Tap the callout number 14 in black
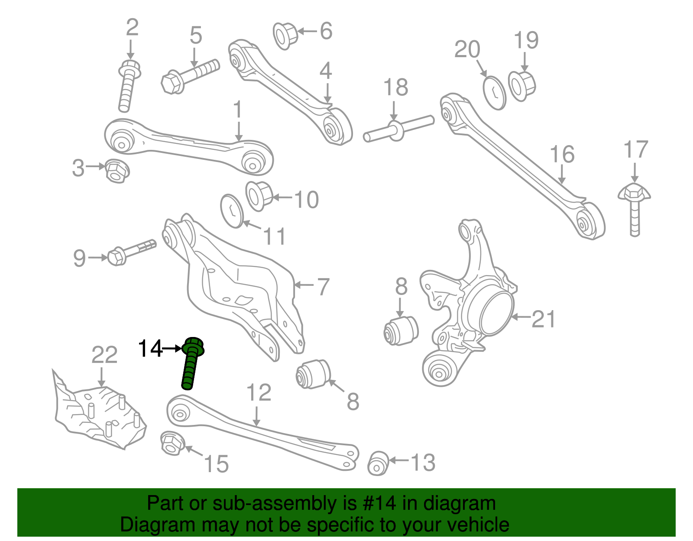click(x=150, y=348)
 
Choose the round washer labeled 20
click(x=494, y=93)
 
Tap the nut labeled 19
click(x=521, y=85)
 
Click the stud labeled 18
click(x=398, y=129)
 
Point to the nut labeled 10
click(x=259, y=196)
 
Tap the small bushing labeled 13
click(x=378, y=463)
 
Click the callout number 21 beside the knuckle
click(x=543, y=319)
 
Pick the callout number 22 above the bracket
click(x=104, y=355)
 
